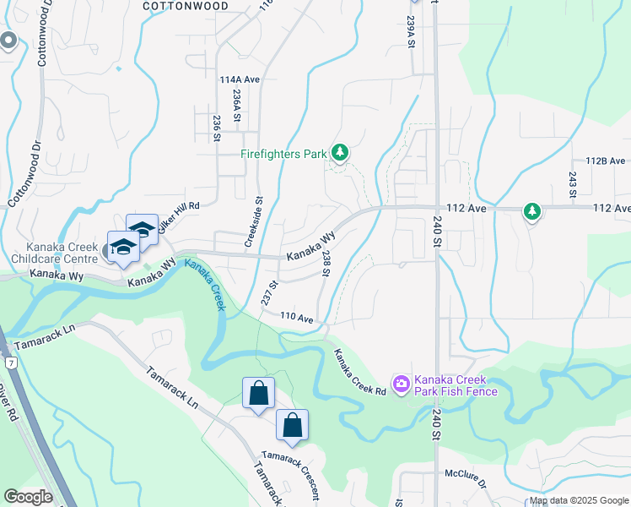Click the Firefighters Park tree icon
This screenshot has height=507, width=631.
click(340, 153)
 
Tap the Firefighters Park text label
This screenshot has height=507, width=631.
click(283, 155)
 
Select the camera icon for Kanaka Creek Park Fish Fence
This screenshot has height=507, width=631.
click(401, 384)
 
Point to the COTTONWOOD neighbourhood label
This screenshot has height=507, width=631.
click(186, 5)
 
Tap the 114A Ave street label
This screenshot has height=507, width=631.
click(240, 79)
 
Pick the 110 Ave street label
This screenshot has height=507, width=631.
click(297, 319)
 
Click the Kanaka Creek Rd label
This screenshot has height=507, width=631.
click(359, 373)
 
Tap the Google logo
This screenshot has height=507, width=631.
click(28, 497)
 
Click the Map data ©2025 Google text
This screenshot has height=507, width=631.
click(579, 500)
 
